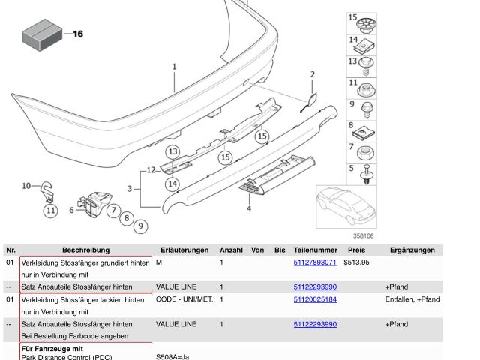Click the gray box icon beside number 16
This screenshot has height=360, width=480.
click(x=42, y=35)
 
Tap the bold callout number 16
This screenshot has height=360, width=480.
click(x=78, y=34)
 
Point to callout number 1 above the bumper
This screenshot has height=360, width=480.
click(x=175, y=67)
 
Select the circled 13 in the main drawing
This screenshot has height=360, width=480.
click(x=173, y=151)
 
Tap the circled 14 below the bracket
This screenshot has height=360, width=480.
click(x=172, y=184)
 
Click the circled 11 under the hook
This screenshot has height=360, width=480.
click(x=51, y=211)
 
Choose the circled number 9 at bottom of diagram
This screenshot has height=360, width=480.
click(x=140, y=226)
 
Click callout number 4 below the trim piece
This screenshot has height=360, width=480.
click(x=249, y=209)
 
